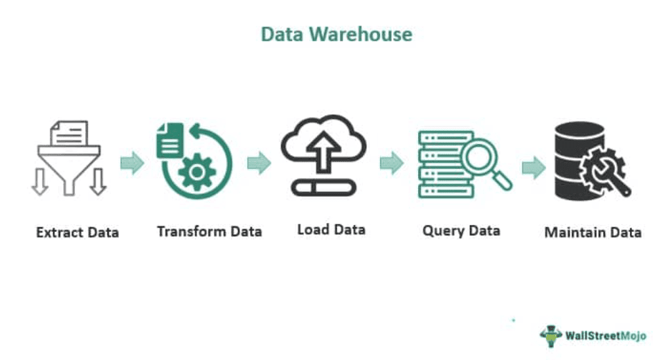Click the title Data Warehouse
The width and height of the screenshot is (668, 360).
coord(336,34)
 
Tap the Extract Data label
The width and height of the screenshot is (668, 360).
coord(77,232)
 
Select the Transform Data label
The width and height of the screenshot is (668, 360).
coord(209,231)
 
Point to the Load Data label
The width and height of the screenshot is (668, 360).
coord(331,229)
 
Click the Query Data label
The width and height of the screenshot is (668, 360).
coord(461,231)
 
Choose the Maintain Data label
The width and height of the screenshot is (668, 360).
coord(593,233)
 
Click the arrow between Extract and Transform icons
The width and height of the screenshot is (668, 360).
coord(132,164)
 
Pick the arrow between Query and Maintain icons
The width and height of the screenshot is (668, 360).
coord(533,167)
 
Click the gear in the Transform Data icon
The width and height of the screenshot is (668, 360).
coord(197,172)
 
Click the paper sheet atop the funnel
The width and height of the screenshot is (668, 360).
coord(70,133)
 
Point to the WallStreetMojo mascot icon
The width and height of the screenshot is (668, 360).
coord(551,335)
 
